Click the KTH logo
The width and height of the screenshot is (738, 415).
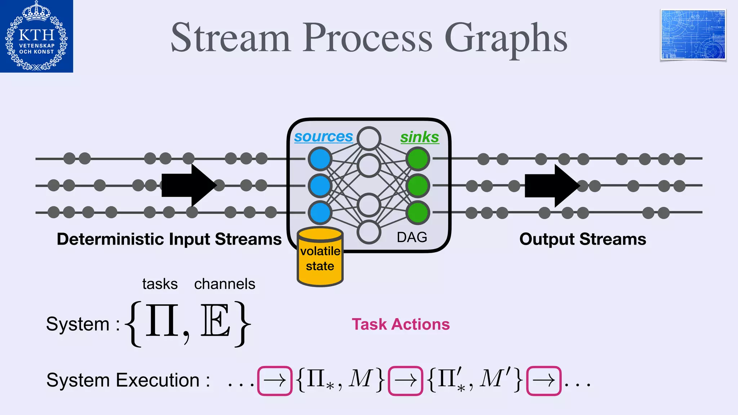pos(36,36)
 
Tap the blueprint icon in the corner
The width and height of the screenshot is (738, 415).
pos(693,35)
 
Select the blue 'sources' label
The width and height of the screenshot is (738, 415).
pos(323,137)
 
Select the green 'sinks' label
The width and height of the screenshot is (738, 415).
pos(419,137)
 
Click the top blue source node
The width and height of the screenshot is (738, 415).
pos(320,159)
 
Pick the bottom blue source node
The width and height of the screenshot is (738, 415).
pos(320,213)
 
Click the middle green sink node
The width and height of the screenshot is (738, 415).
pos(418,186)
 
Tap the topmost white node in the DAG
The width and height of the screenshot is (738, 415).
pos(369,139)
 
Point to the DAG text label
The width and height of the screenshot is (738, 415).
pos(412,237)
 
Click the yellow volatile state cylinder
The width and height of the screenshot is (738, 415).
pos(320,258)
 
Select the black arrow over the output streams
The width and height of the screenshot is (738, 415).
pos(552,186)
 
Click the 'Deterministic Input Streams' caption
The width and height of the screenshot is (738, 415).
pos(169,240)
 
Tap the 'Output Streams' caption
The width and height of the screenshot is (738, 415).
pos(582,240)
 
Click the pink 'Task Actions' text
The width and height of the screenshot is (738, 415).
pos(400,325)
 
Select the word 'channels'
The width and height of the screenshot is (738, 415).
pos(224,284)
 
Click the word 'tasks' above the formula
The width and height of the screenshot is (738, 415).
pos(160,284)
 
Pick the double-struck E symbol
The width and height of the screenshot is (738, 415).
pos(215,320)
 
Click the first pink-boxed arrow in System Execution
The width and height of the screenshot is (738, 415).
pos(275,381)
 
